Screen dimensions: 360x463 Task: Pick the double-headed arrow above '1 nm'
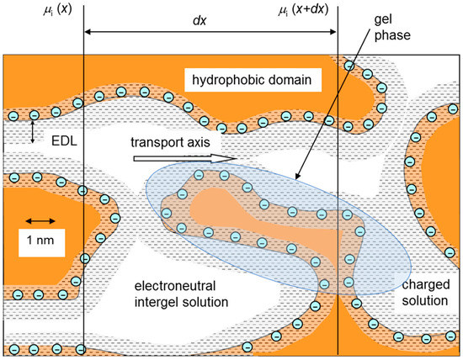40,221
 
